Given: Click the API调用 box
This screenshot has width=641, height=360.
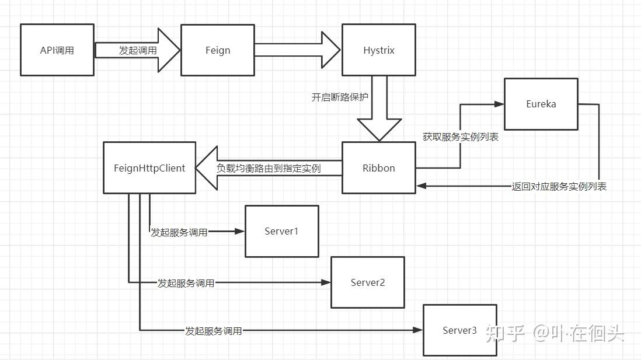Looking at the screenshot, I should tap(57, 50).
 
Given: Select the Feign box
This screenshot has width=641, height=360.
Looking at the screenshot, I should tap(217, 50).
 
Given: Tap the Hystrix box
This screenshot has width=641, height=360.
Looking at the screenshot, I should tap(378, 50).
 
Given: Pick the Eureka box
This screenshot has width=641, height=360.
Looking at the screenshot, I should tap(541, 104).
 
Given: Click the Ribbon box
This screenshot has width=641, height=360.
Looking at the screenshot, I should tap(378, 168).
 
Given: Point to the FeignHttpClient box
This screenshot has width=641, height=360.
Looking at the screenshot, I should tap(149, 168).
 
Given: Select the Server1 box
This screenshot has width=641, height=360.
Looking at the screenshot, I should tap(281, 231).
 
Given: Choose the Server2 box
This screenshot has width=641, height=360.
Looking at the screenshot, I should tap(367, 282).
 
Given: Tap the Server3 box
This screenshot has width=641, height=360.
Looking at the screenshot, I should tap(459, 330).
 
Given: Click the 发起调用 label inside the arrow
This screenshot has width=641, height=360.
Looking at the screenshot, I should tap(138, 51).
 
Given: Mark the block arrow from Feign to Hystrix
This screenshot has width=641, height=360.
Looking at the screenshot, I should tap(297, 50).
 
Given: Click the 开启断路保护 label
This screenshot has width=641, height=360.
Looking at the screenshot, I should tap(340, 97).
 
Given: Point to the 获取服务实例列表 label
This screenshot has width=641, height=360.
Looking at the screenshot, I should tap(460, 138).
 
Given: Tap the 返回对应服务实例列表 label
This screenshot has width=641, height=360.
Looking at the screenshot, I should tap(559, 187).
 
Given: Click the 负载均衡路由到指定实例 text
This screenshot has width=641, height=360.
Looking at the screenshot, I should tap(269, 168).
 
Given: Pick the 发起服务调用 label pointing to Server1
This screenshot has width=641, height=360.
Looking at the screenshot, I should tap(179, 232).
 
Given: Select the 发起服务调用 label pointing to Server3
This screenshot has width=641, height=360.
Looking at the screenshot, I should tap(213, 331).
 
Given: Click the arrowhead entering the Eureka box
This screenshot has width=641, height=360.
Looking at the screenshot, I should tap(499, 104).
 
